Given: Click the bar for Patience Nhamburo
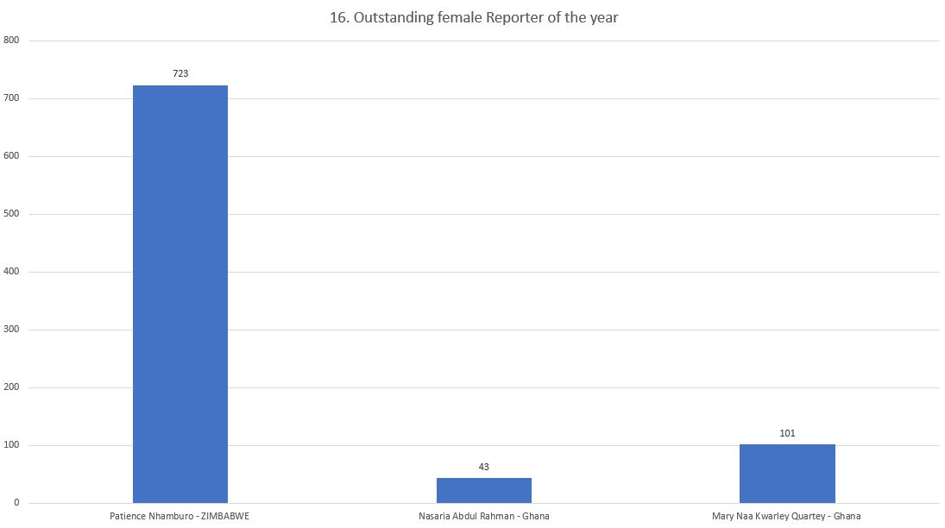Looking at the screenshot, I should pos(180,293).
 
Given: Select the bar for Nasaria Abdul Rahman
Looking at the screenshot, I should pos(483,490).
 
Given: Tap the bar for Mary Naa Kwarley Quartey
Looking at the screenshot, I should pos(787,473).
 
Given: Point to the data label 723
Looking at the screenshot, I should pos(180,74).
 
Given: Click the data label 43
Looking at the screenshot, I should pos(483,467).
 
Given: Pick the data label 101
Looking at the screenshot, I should pos(787,433).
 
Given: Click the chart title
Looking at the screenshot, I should pos(474,17).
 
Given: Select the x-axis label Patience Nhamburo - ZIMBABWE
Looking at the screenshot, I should pos(180,517).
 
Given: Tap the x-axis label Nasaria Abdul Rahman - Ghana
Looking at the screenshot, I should pos(483,517).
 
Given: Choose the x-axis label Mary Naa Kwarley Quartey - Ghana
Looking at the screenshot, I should pos(786,517).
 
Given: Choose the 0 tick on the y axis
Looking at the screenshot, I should pos(16,503).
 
